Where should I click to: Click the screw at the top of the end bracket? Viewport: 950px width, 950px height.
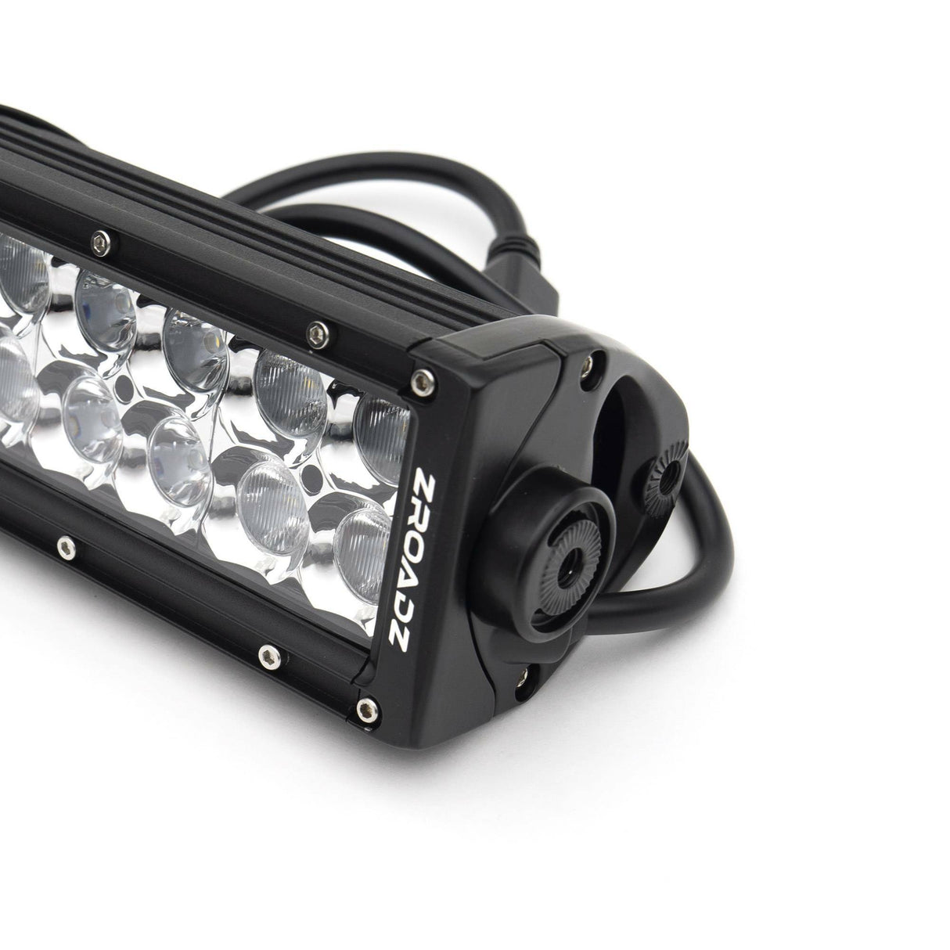point(585,362)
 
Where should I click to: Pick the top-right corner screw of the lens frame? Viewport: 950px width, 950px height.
point(423,380)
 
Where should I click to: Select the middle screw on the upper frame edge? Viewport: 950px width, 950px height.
point(315,332)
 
